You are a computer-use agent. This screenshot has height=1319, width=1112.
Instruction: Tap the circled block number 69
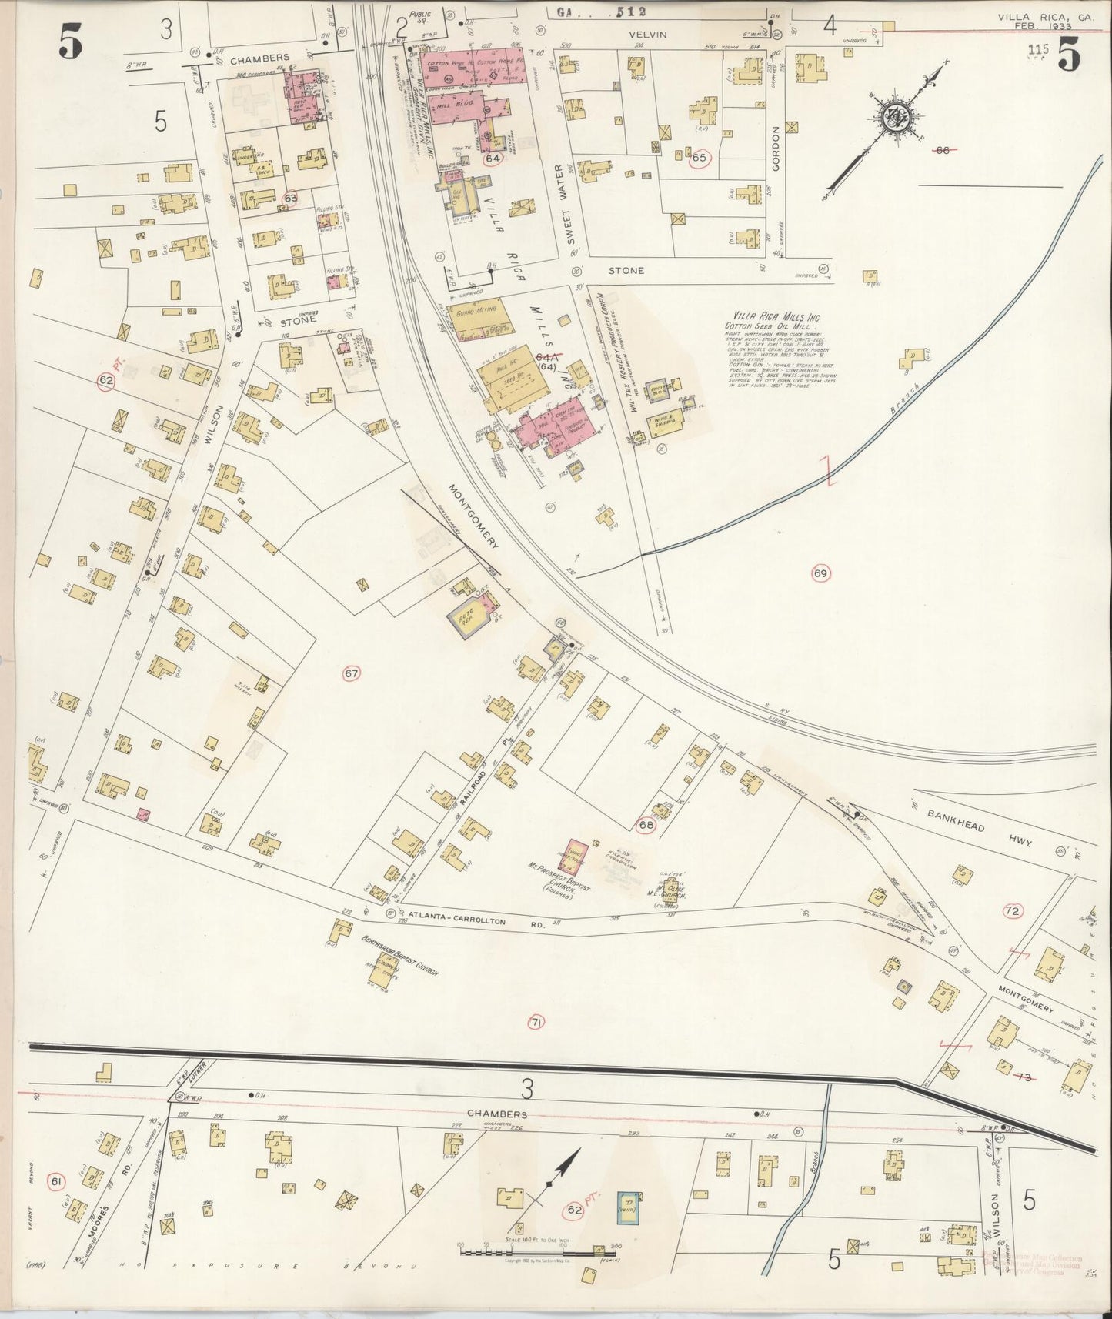(820, 573)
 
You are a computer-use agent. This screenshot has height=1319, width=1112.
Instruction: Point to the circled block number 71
(536, 1023)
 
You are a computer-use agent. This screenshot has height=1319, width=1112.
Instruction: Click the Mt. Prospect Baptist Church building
(578, 856)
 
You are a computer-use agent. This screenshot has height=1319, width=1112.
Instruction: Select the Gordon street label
(777, 147)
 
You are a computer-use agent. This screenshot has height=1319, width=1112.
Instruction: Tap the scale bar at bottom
(531, 1252)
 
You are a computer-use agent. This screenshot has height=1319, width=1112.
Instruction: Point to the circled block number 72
(1012, 912)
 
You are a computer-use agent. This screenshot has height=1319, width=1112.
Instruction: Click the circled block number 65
(700, 158)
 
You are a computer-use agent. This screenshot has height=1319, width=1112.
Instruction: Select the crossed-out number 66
(940, 150)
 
